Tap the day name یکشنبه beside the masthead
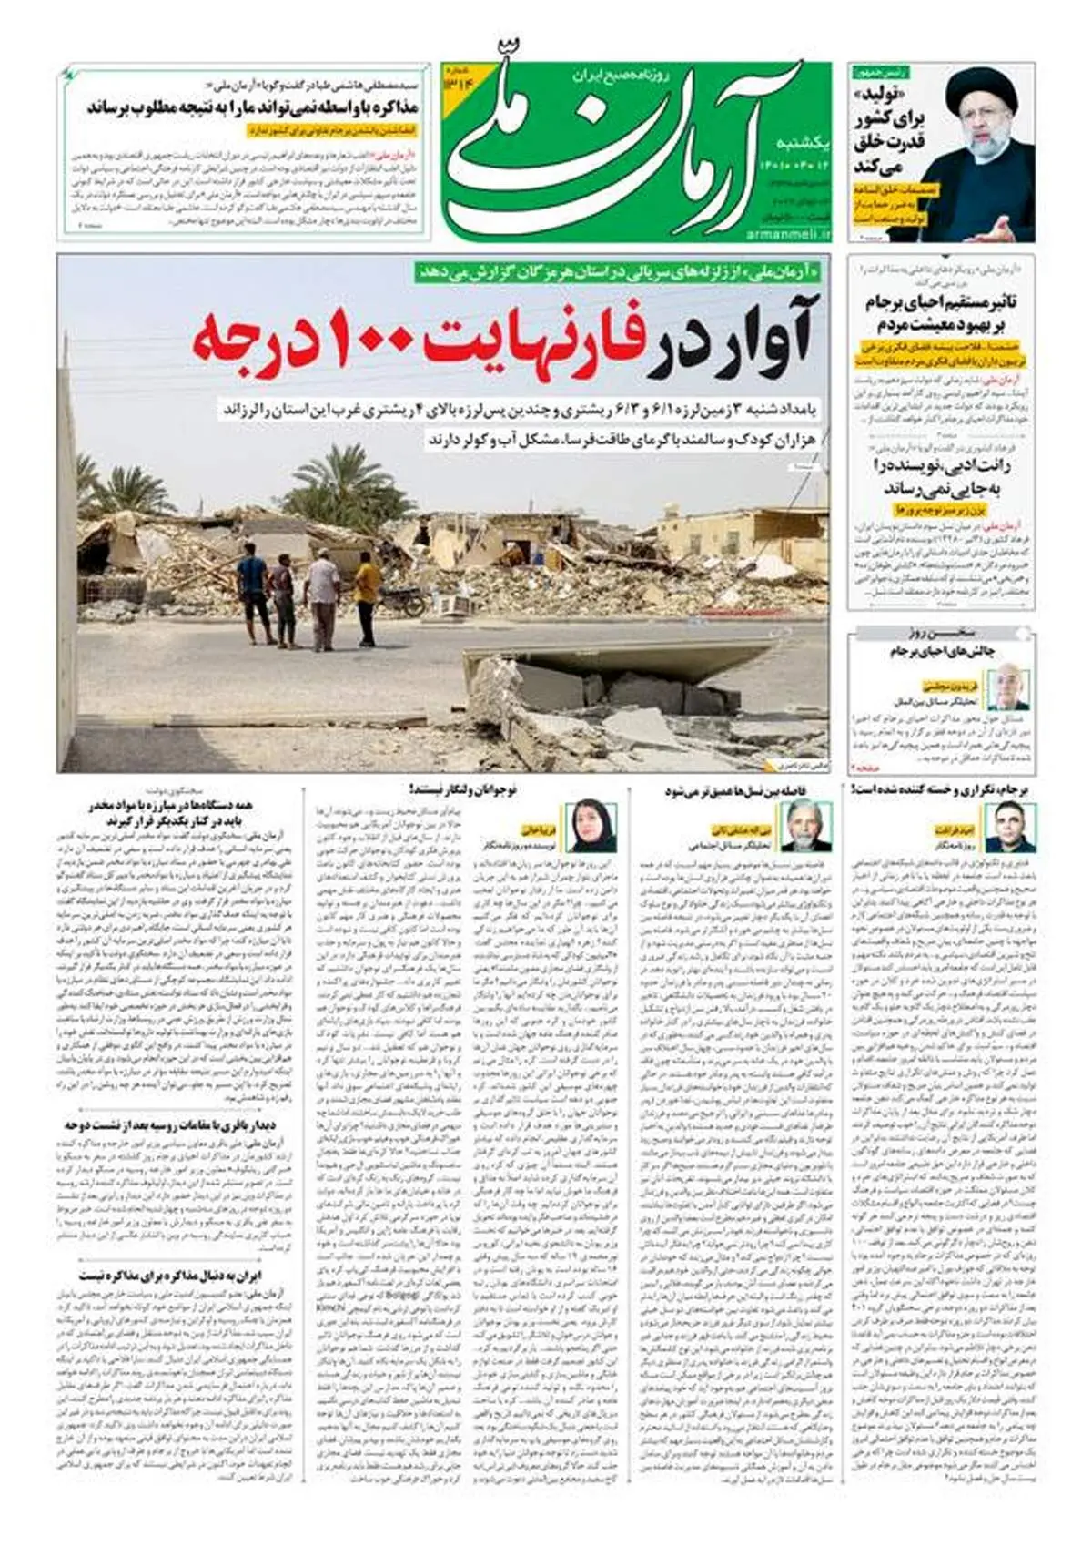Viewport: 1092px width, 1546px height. coord(801,143)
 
